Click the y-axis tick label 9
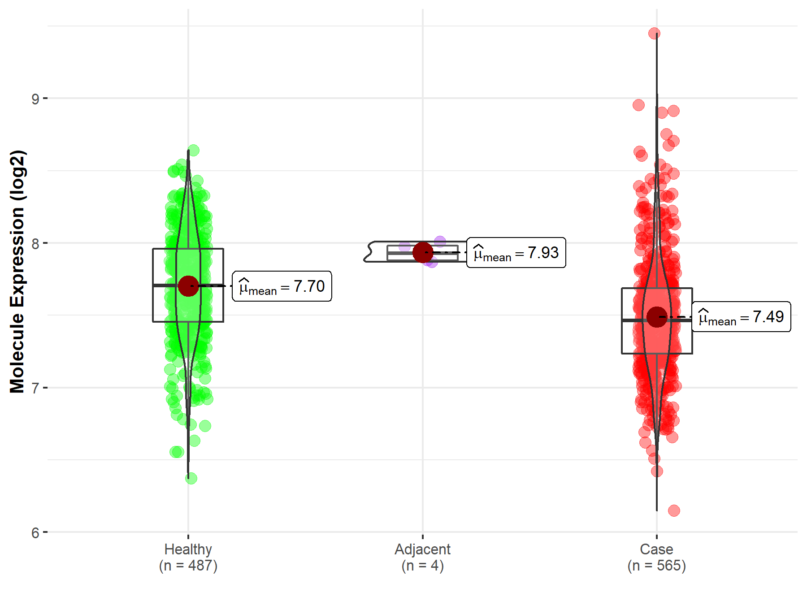[35, 99]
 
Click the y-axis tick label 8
[35, 244]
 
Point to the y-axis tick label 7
[35, 388]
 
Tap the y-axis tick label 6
[35, 533]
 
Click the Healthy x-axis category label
[188, 549]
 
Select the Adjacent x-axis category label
[422, 549]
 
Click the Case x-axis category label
[656, 549]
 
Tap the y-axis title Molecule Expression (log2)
[17, 272]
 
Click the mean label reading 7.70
[282, 286]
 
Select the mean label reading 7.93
[516, 253]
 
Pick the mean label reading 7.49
[741, 317]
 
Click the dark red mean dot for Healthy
[188, 286]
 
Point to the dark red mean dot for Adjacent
[422, 252]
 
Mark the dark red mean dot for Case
[657, 317]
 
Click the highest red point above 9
[654, 34]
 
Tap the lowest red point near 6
[674, 510]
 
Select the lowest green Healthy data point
[191, 478]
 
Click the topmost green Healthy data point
[193, 150]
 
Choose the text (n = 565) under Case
[656, 566]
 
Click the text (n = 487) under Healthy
[188, 566]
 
